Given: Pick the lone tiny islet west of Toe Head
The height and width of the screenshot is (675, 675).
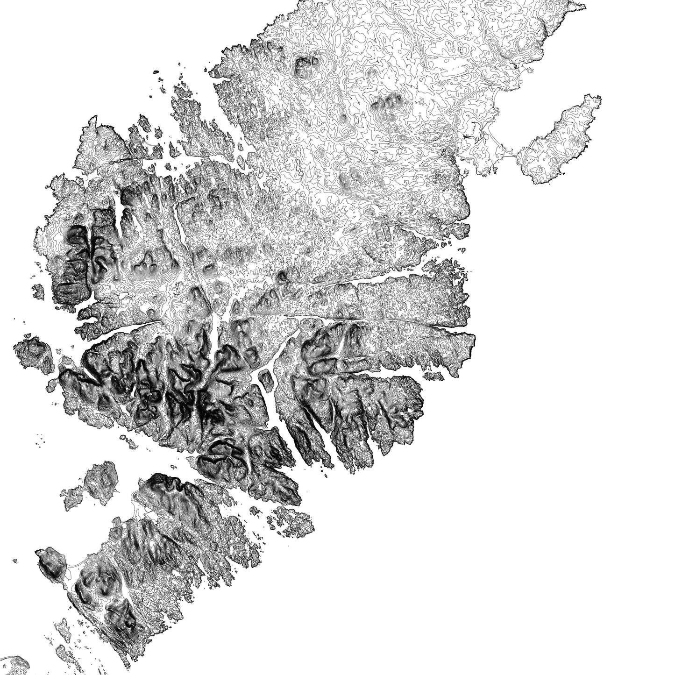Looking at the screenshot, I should coord(15,560).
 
